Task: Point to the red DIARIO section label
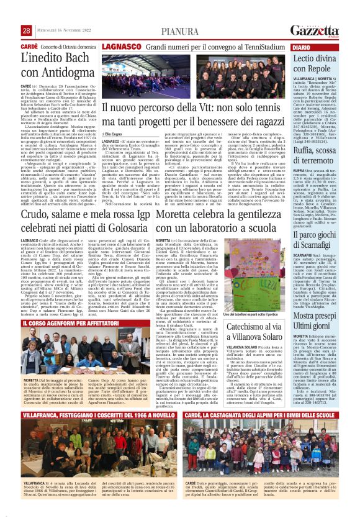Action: [300, 47]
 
